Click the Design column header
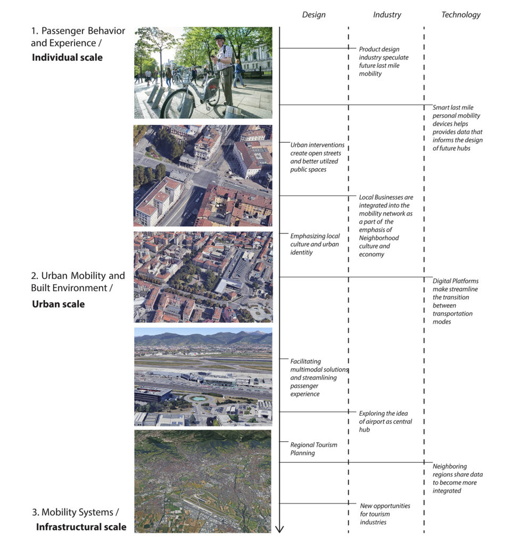click(314, 14)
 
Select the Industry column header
click(387, 14)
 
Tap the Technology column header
click(461, 14)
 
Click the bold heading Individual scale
click(67, 57)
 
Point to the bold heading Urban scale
click(59, 304)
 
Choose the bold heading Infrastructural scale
click(81, 526)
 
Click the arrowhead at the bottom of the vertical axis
click(279, 529)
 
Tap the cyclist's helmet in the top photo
click(220, 37)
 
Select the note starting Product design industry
click(384, 62)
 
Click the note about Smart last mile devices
click(457, 128)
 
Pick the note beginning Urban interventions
click(317, 157)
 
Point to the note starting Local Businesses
click(386, 226)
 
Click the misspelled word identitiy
click(301, 252)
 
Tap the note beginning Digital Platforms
click(455, 301)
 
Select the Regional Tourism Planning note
click(314, 449)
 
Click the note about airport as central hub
click(385, 422)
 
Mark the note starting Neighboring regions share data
click(457, 478)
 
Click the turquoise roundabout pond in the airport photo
click(198, 399)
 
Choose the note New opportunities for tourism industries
click(385, 514)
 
